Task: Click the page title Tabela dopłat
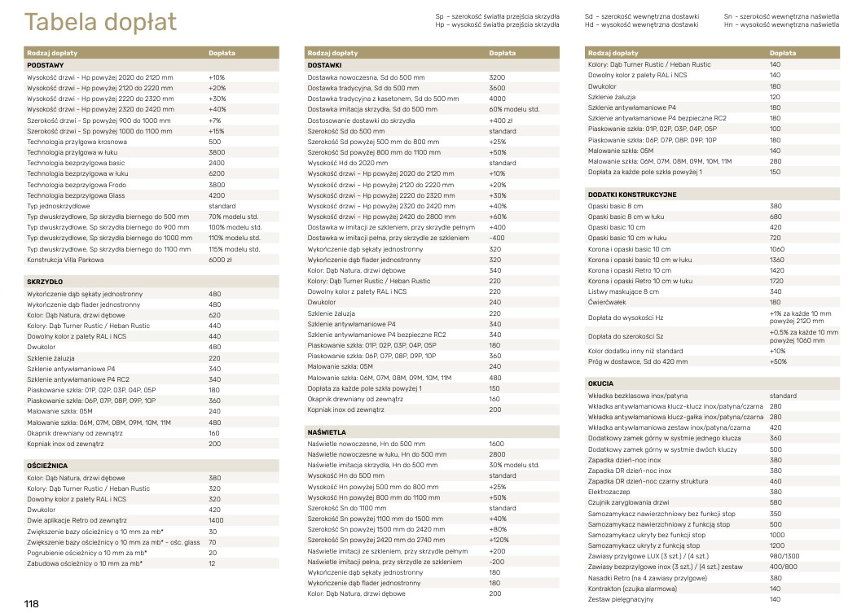(100, 22)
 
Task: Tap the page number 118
(32, 603)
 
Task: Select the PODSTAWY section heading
(46, 64)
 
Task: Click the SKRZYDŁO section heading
(46, 280)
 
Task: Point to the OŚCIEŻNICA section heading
(47, 465)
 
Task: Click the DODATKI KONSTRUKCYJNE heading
(632, 195)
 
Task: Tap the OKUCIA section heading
(600, 383)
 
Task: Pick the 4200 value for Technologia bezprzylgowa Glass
(216, 195)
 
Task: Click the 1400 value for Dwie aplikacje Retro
(216, 520)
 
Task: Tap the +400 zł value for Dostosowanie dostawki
(500, 120)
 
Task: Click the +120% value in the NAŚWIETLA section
(499, 540)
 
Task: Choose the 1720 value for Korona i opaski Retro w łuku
(776, 281)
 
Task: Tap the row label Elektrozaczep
(609, 492)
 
